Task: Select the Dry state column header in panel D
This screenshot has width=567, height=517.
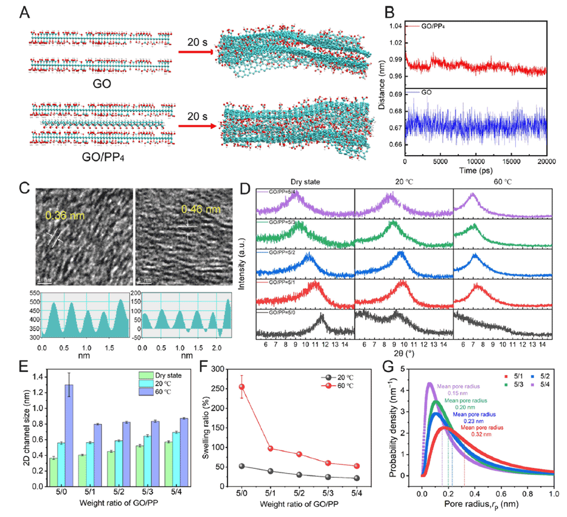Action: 306,184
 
